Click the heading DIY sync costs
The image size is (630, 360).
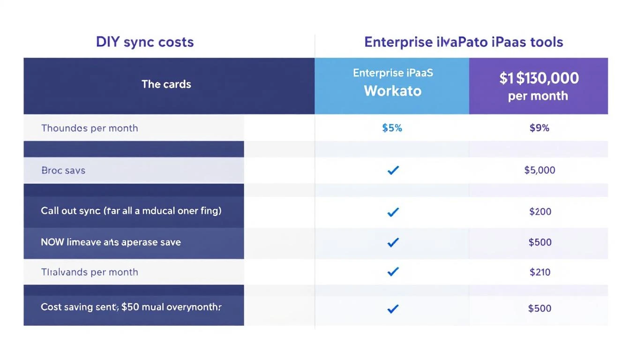tap(145, 42)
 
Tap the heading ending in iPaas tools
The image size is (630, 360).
tap(463, 42)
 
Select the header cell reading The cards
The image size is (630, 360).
tap(166, 84)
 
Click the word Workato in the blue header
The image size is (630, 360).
tap(392, 90)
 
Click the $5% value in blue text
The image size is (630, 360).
tap(392, 128)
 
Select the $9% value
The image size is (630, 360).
tap(539, 128)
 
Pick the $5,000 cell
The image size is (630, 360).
tap(540, 170)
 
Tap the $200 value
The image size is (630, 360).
tap(540, 211)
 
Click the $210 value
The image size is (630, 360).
tap(540, 272)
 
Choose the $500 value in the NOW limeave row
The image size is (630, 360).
tap(540, 242)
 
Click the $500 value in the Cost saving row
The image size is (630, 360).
tap(540, 308)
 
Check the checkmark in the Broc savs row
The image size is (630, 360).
tap(393, 170)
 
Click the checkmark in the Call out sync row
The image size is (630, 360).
tap(393, 212)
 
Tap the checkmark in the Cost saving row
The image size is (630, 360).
tap(393, 308)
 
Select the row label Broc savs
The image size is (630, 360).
tap(63, 170)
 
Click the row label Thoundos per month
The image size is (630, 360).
tap(90, 128)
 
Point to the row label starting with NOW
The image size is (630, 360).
tap(111, 242)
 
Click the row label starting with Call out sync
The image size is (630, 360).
tap(131, 211)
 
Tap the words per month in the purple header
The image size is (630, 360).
tap(538, 96)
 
